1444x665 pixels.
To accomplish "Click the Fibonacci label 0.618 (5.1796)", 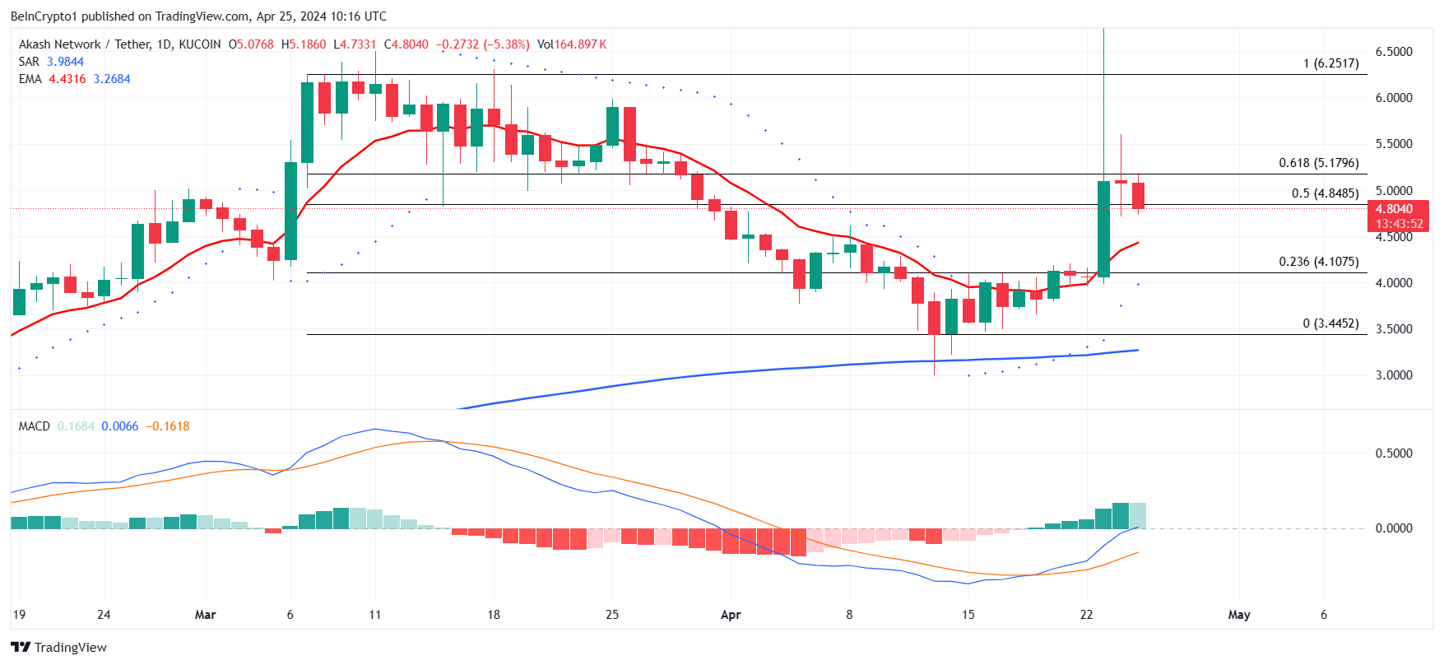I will (x=1318, y=163).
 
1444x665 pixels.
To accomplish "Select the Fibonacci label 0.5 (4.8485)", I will (x=1325, y=193).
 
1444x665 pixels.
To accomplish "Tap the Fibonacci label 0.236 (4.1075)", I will (x=1318, y=262).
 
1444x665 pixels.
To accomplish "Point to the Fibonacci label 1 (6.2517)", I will (x=1330, y=63).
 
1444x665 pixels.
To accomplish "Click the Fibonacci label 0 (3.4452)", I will (x=1330, y=323).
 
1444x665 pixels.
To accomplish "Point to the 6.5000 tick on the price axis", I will (x=1394, y=51).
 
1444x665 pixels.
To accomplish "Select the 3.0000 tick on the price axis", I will (x=1394, y=374).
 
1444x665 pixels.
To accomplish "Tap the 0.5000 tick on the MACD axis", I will (x=1394, y=453).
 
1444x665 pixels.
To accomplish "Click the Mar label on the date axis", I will (x=205, y=614).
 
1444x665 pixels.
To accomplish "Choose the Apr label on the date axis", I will (x=730, y=614).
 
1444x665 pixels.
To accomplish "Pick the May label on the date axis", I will (x=1238, y=614).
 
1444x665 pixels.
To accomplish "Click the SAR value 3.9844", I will (x=65, y=62).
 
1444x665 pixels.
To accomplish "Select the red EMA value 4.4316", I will (x=67, y=79).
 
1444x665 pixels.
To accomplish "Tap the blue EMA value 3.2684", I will (x=112, y=79).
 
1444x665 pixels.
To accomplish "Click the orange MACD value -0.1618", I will (x=168, y=426).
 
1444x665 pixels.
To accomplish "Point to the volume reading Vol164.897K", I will (x=572, y=44).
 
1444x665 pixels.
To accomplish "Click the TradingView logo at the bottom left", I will (x=58, y=647).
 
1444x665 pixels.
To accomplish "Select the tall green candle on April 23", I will (x=1103, y=228).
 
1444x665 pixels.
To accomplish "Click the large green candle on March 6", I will (x=290, y=211).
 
